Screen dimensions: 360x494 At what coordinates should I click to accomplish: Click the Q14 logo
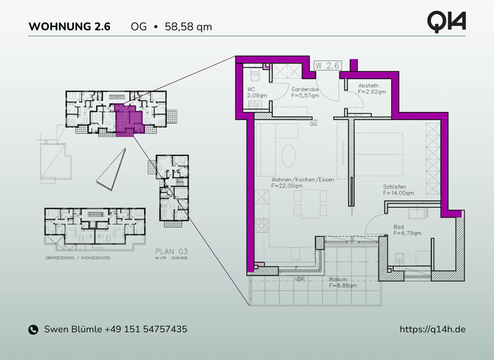pyautogui.click(x=446, y=21)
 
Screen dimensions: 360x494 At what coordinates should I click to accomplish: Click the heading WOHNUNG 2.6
pyautogui.click(x=69, y=27)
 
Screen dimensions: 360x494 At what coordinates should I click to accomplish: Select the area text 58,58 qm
pyautogui.click(x=188, y=27)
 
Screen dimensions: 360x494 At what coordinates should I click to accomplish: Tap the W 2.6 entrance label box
pyautogui.click(x=327, y=66)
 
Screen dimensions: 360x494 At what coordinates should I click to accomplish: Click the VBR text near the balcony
pyautogui.click(x=300, y=279)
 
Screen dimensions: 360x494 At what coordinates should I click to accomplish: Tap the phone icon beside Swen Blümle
pyautogui.click(x=33, y=330)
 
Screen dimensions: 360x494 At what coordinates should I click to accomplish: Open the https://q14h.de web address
pyautogui.click(x=432, y=329)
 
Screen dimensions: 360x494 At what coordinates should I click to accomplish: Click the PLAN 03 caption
pyautogui.click(x=170, y=251)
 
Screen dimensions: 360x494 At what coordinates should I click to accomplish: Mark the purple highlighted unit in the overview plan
pyautogui.click(x=125, y=118)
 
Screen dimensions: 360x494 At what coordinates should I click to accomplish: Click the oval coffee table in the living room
pyautogui.click(x=289, y=154)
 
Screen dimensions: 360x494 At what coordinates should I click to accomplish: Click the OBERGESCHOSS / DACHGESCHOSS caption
pyautogui.click(x=78, y=257)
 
